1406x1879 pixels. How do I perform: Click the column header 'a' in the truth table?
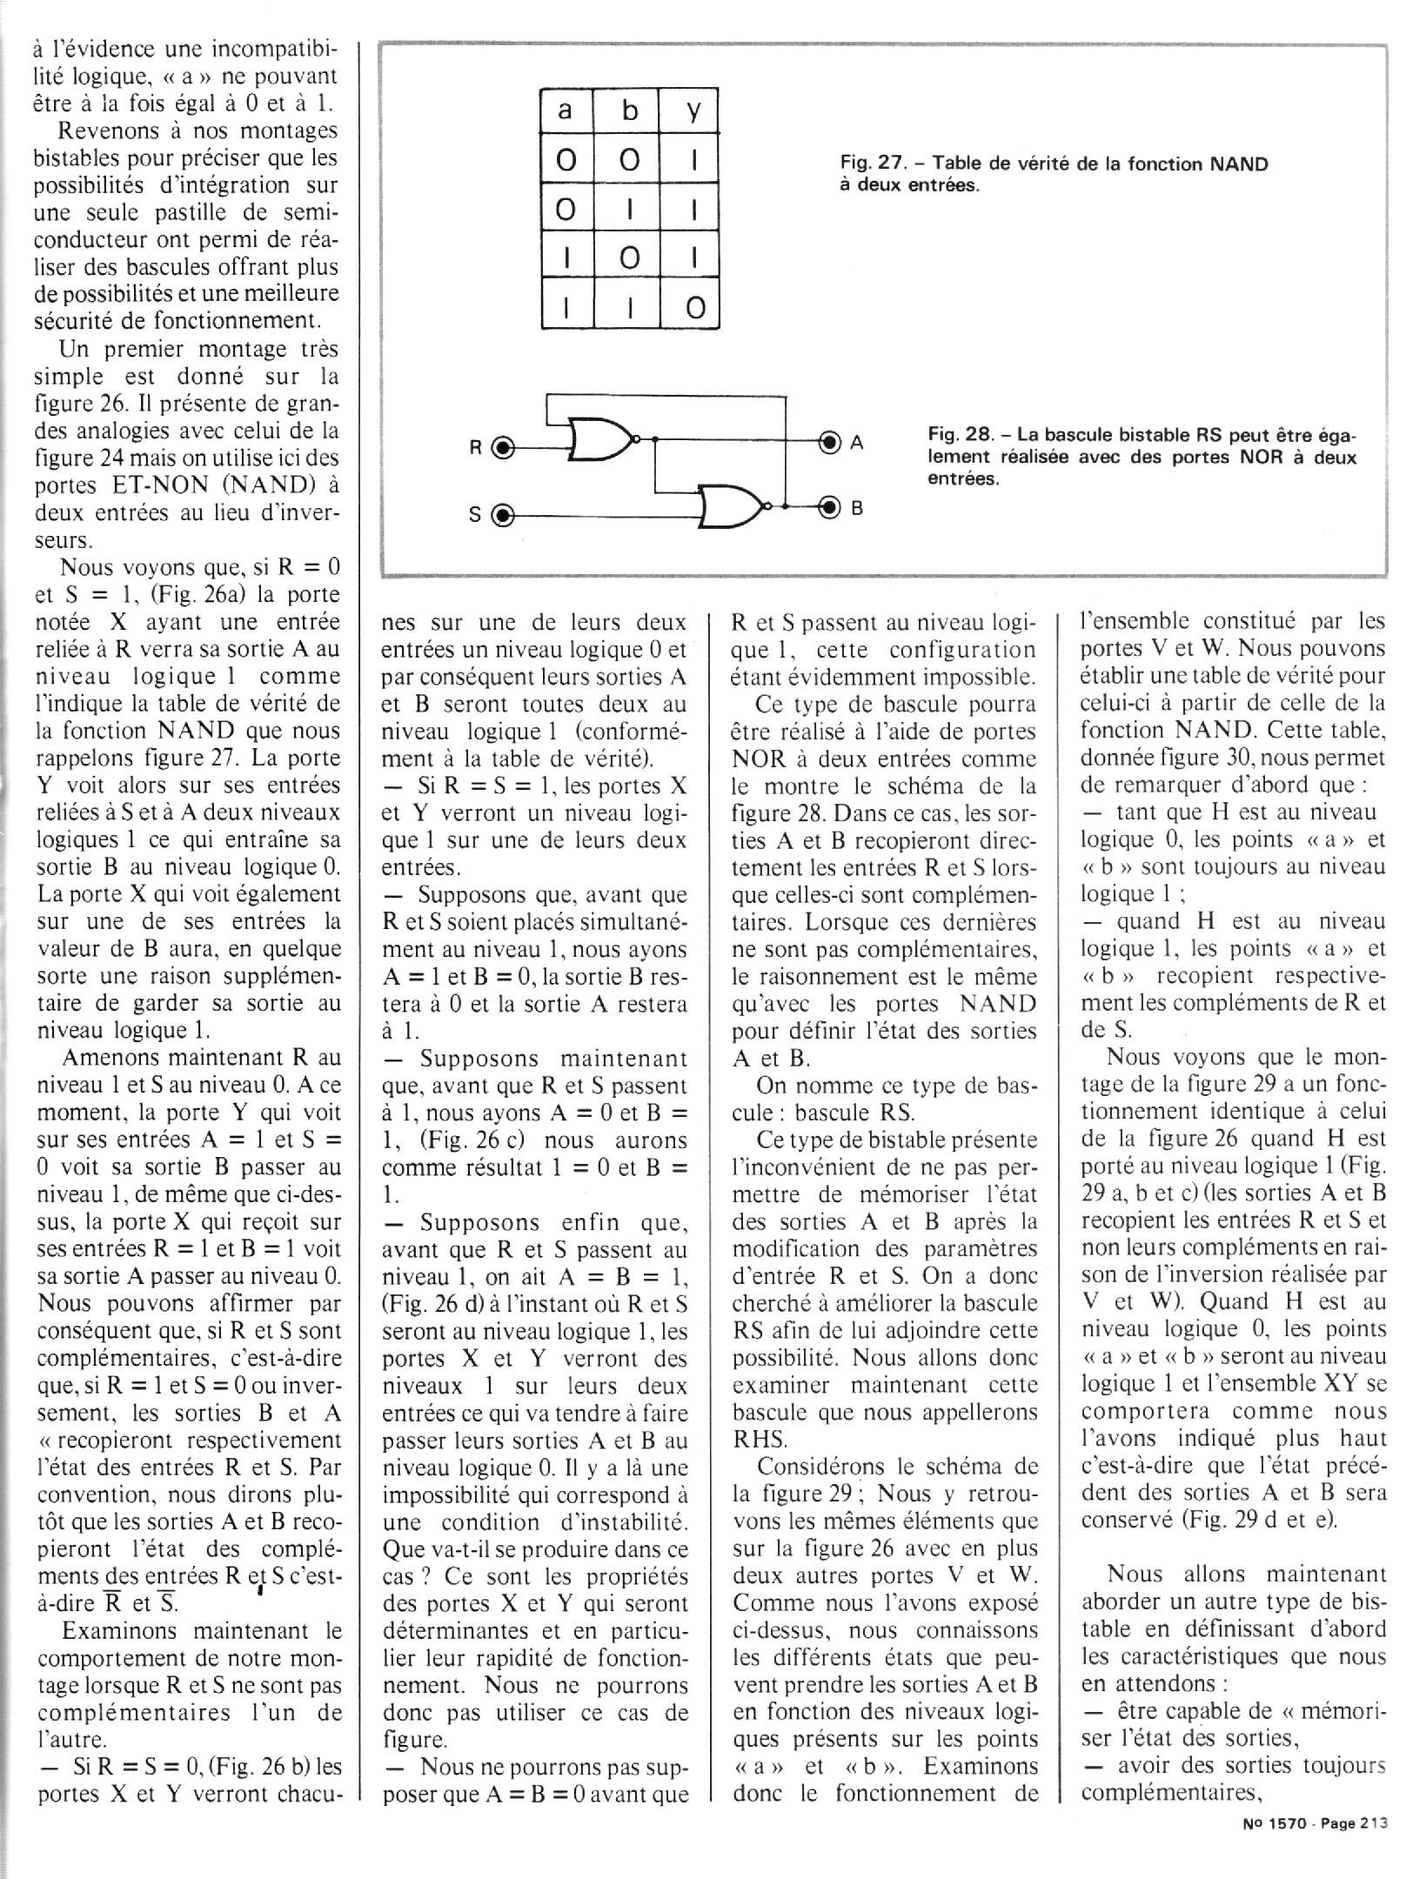tap(566, 110)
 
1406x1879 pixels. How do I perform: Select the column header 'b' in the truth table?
tap(630, 110)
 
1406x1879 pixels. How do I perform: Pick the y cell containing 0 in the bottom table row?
tap(693, 309)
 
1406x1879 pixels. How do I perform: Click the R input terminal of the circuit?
tap(503, 448)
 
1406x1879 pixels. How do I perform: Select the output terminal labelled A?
tap(830, 442)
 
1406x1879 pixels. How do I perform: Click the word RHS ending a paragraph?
tap(760, 1439)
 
